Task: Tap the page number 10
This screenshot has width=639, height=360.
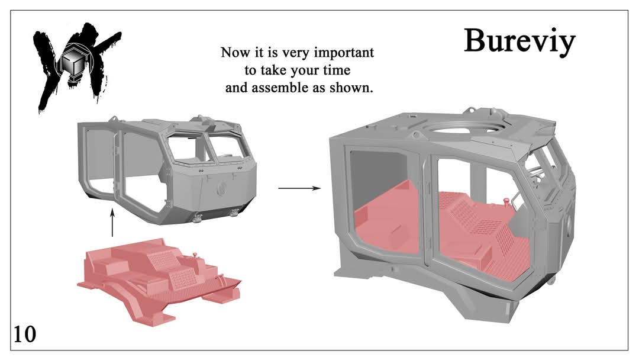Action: coord(25,335)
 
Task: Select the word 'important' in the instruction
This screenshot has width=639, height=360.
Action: coord(344,53)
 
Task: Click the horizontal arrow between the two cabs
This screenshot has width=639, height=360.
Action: coord(299,188)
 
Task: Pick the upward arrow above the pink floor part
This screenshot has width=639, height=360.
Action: coord(112,223)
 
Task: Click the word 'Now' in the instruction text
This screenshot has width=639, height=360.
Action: coord(234,53)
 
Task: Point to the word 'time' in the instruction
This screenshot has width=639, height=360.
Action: coord(337,70)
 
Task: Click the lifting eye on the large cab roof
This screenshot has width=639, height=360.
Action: coord(416,134)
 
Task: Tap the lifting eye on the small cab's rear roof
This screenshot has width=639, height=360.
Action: coord(113,118)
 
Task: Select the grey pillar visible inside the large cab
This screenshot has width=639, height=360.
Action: coord(477,178)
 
